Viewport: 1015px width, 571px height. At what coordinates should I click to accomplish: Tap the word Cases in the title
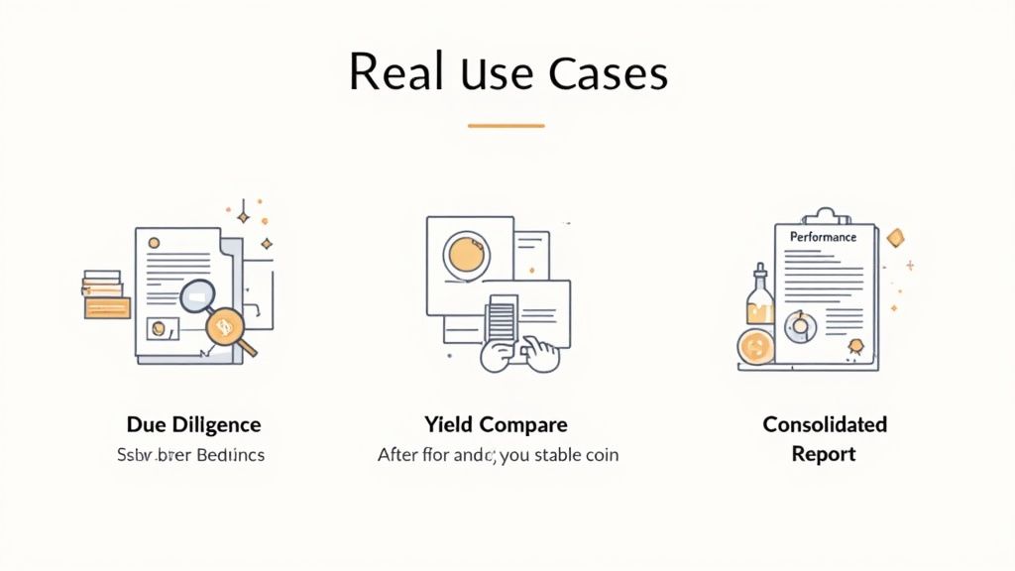pyautogui.click(x=611, y=72)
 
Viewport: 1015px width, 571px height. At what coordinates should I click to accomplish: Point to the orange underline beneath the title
pyautogui.click(x=506, y=126)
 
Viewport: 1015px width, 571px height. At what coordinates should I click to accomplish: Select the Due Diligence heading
pyautogui.click(x=194, y=424)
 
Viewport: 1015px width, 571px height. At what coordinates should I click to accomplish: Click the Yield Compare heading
pyautogui.click(x=496, y=424)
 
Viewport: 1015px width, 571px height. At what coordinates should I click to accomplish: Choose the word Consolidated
pyautogui.click(x=824, y=424)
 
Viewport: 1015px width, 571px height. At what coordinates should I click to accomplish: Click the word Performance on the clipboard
pyautogui.click(x=823, y=238)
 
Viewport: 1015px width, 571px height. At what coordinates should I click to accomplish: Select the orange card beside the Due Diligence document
pyautogui.click(x=108, y=307)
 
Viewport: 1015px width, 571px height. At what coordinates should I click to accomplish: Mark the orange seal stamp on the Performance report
pyautogui.click(x=854, y=347)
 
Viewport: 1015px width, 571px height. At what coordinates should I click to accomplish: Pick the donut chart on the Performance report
pyautogui.click(x=799, y=324)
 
